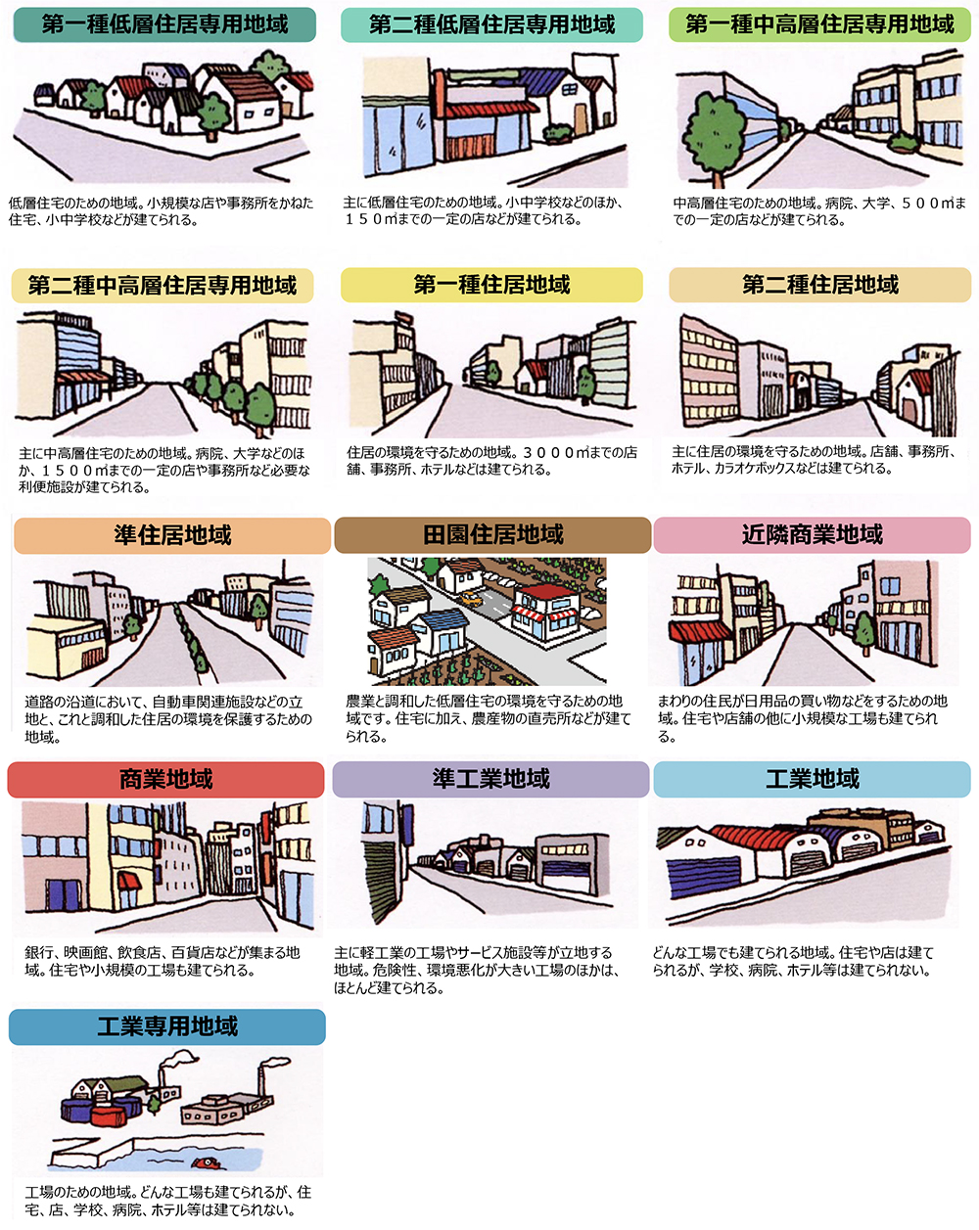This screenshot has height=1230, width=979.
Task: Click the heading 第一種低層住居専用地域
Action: [164, 24]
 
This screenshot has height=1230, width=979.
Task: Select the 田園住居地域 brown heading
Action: [492, 535]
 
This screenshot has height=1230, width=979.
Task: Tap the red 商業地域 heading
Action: [165, 779]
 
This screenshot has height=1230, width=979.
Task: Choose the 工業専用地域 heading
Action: [167, 1026]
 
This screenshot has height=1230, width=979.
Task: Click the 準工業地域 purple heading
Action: [490, 779]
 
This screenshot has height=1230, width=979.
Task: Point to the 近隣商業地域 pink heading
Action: [812, 534]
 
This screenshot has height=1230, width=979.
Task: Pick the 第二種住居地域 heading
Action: [820, 285]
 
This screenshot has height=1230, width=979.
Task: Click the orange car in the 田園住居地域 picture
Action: [471, 599]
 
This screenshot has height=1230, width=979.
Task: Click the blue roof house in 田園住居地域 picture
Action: [443, 631]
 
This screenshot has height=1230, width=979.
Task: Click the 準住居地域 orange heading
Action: [172, 535]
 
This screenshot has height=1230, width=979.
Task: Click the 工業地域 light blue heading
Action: [812, 779]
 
